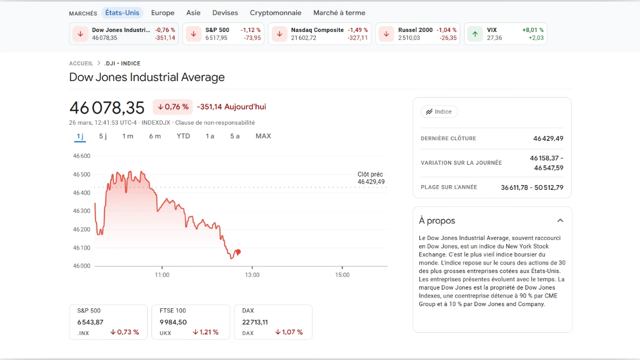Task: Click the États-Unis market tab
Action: [x=122, y=12]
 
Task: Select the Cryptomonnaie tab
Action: [x=275, y=13]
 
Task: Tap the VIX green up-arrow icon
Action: [x=475, y=34]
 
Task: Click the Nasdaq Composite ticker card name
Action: [x=317, y=30]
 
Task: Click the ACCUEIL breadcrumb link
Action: [x=81, y=63]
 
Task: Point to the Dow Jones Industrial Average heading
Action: [x=147, y=77]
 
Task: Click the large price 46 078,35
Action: [x=107, y=108]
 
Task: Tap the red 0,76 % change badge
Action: [x=173, y=107]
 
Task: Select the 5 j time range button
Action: [x=103, y=136]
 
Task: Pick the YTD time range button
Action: [x=183, y=136]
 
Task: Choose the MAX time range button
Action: [x=263, y=136]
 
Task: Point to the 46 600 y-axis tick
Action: [x=82, y=156]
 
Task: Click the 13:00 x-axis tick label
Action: [x=252, y=275]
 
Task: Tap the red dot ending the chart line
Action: [x=238, y=252]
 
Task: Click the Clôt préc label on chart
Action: [x=370, y=174]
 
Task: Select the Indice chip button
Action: [x=439, y=112]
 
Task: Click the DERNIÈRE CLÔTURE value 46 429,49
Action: [x=548, y=139]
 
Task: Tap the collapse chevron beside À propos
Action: [x=560, y=220]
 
